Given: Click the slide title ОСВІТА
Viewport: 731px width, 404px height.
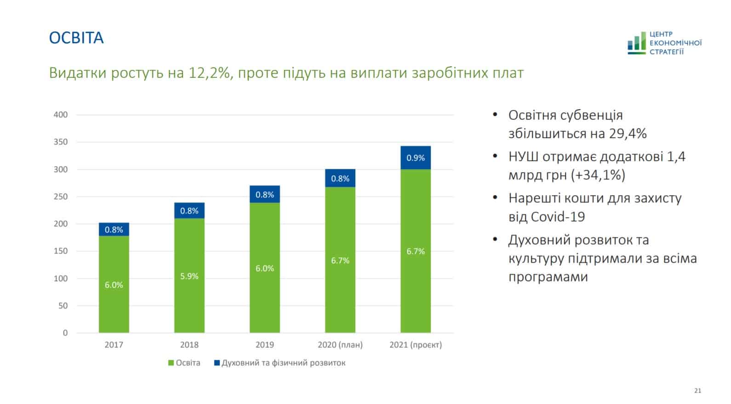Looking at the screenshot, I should pyautogui.click(x=76, y=38).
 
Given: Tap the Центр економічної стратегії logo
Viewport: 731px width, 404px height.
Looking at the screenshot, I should pyautogui.click(x=664, y=43).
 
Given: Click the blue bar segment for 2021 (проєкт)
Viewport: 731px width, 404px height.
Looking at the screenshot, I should pyautogui.click(x=415, y=158).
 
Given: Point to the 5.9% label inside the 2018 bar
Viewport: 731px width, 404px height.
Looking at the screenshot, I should pyautogui.click(x=189, y=276).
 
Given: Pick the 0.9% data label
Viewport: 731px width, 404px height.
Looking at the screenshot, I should pyautogui.click(x=415, y=158).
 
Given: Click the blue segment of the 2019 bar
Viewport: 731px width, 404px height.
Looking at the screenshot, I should pyautogui.click(x=264, y=194).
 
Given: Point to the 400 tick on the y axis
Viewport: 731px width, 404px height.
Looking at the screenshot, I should pyautogui.click(x=61, y=115).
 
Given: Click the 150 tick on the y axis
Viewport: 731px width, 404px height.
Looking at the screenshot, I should pyautogui.click(x=61, y=251).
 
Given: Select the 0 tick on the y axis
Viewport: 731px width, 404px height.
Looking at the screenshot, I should pyautogui.click(x=65, y=333).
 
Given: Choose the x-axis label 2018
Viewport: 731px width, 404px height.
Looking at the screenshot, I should pyautogui.click(x=189, y=345).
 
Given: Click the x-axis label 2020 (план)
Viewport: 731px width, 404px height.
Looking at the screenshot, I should pyautogui.click(x=340, y=345).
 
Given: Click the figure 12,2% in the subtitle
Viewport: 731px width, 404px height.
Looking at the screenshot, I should pyautogui.click(x=209, y=73).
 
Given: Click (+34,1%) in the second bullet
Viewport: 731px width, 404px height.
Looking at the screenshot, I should pyautogui.click(x=598, y=175).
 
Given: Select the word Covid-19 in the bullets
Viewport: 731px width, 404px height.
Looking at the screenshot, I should pyautogui.click(x=558, y=217).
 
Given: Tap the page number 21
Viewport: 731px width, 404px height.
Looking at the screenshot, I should pyautogui.click(x=697, y=391).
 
